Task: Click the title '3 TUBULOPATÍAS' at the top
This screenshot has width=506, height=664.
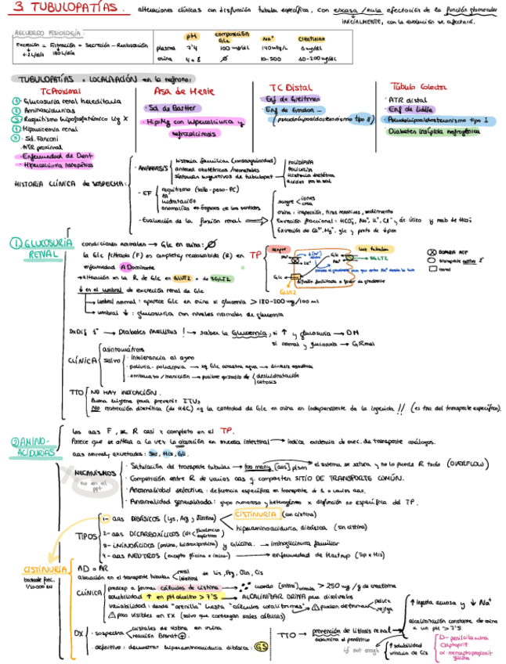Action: click(67, 8)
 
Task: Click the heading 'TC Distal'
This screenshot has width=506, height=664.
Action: click(291, 88)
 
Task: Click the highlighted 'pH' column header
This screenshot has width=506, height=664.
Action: click(191, 37)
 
